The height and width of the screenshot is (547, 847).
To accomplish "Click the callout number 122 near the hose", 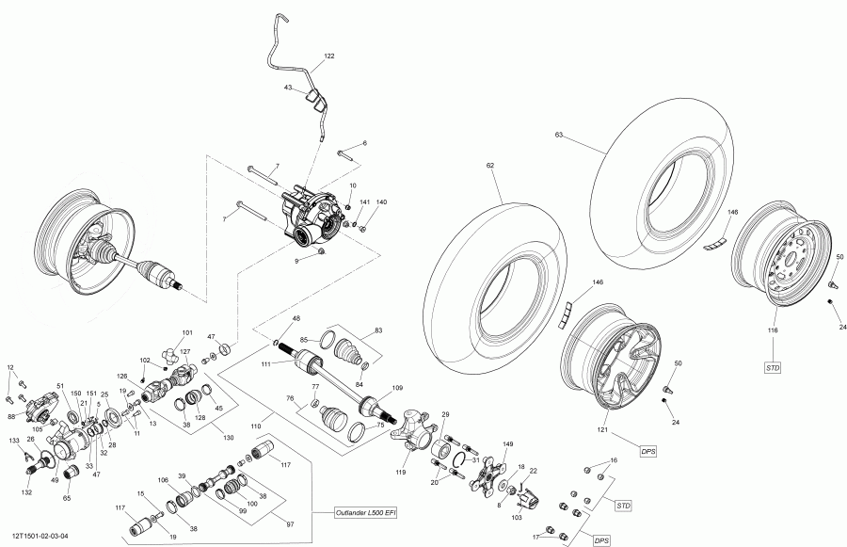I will coord(328,56).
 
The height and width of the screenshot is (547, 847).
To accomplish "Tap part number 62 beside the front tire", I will coord(489,166).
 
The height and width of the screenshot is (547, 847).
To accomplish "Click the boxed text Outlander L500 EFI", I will coord(366,512).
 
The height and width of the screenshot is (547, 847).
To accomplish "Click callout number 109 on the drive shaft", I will coord(397,387).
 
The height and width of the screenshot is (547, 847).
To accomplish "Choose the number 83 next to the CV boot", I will coord(379,330).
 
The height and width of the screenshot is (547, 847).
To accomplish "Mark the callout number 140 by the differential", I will coord(381,202).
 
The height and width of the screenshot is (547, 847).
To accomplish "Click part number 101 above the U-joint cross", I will coord(186,332).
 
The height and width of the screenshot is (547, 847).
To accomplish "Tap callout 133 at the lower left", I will coord(14,441).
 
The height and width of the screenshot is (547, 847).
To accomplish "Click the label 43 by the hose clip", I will coord(289,88).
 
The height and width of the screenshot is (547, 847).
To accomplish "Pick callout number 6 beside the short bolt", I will coord(364,143).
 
